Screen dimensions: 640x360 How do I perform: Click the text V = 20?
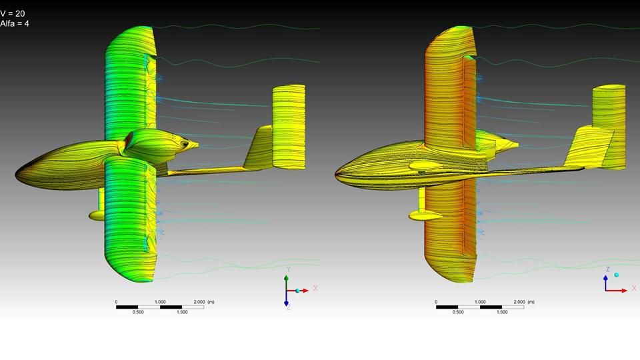click(x=12, y=13)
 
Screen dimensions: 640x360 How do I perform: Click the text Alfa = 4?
click(x=14, y=23)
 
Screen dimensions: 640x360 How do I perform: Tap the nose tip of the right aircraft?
click(x=335, y=175)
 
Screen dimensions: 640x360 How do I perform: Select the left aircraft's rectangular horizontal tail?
click(x=289, y=127)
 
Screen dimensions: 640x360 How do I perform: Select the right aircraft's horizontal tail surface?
click(x=609, y=127)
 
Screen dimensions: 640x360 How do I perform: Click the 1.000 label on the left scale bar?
click(x=160, y=302)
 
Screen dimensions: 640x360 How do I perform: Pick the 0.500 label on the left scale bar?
click(x=138, y=312)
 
